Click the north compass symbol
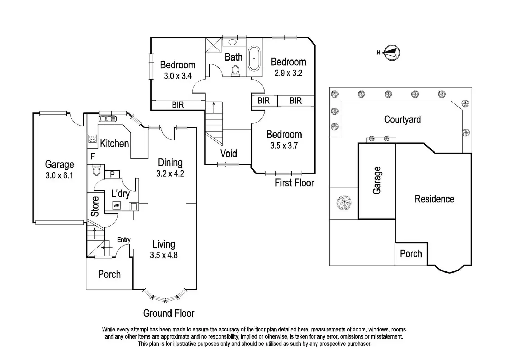[391, 53]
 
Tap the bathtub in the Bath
[254, 58]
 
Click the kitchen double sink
[108, 119]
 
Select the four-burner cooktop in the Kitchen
[92, 139]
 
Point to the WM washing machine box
[116, 205]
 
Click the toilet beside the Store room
[96, 170]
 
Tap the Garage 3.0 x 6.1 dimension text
[59, 175]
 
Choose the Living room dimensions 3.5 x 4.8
[164, 255]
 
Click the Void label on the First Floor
[229, 154]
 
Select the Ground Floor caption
[169, 313]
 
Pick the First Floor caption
[294, 183]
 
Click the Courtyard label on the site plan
[402, 120]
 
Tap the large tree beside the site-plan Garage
[344, 203]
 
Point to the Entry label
[124, 240]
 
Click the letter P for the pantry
[112, 174]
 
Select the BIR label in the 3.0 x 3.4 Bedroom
[178, 105]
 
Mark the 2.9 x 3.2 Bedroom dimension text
[288, 73]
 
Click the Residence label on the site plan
[434, 199]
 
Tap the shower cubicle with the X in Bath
[213, 45]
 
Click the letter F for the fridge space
[92, 156]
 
